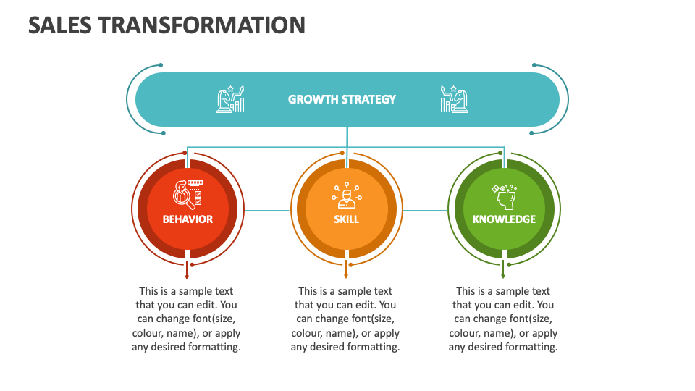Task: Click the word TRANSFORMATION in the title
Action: click(x=201, y=25)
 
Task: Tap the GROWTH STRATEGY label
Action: click(x=342, y=99)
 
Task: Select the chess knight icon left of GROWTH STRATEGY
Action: click(x=230, y=99)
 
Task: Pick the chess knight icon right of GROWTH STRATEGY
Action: click(x=454, y=99)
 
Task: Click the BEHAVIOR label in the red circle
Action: click(x=188, y=219)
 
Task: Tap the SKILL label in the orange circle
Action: click(x=346, y=219)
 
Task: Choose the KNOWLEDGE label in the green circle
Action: click(x=504, y=219)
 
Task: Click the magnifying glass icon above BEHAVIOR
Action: click(x=187, y=193)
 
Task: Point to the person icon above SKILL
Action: click(x=346, y=195)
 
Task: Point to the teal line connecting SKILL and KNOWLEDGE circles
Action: click(x=425, y=211)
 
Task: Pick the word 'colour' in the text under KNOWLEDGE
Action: click(x=465, y=333)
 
